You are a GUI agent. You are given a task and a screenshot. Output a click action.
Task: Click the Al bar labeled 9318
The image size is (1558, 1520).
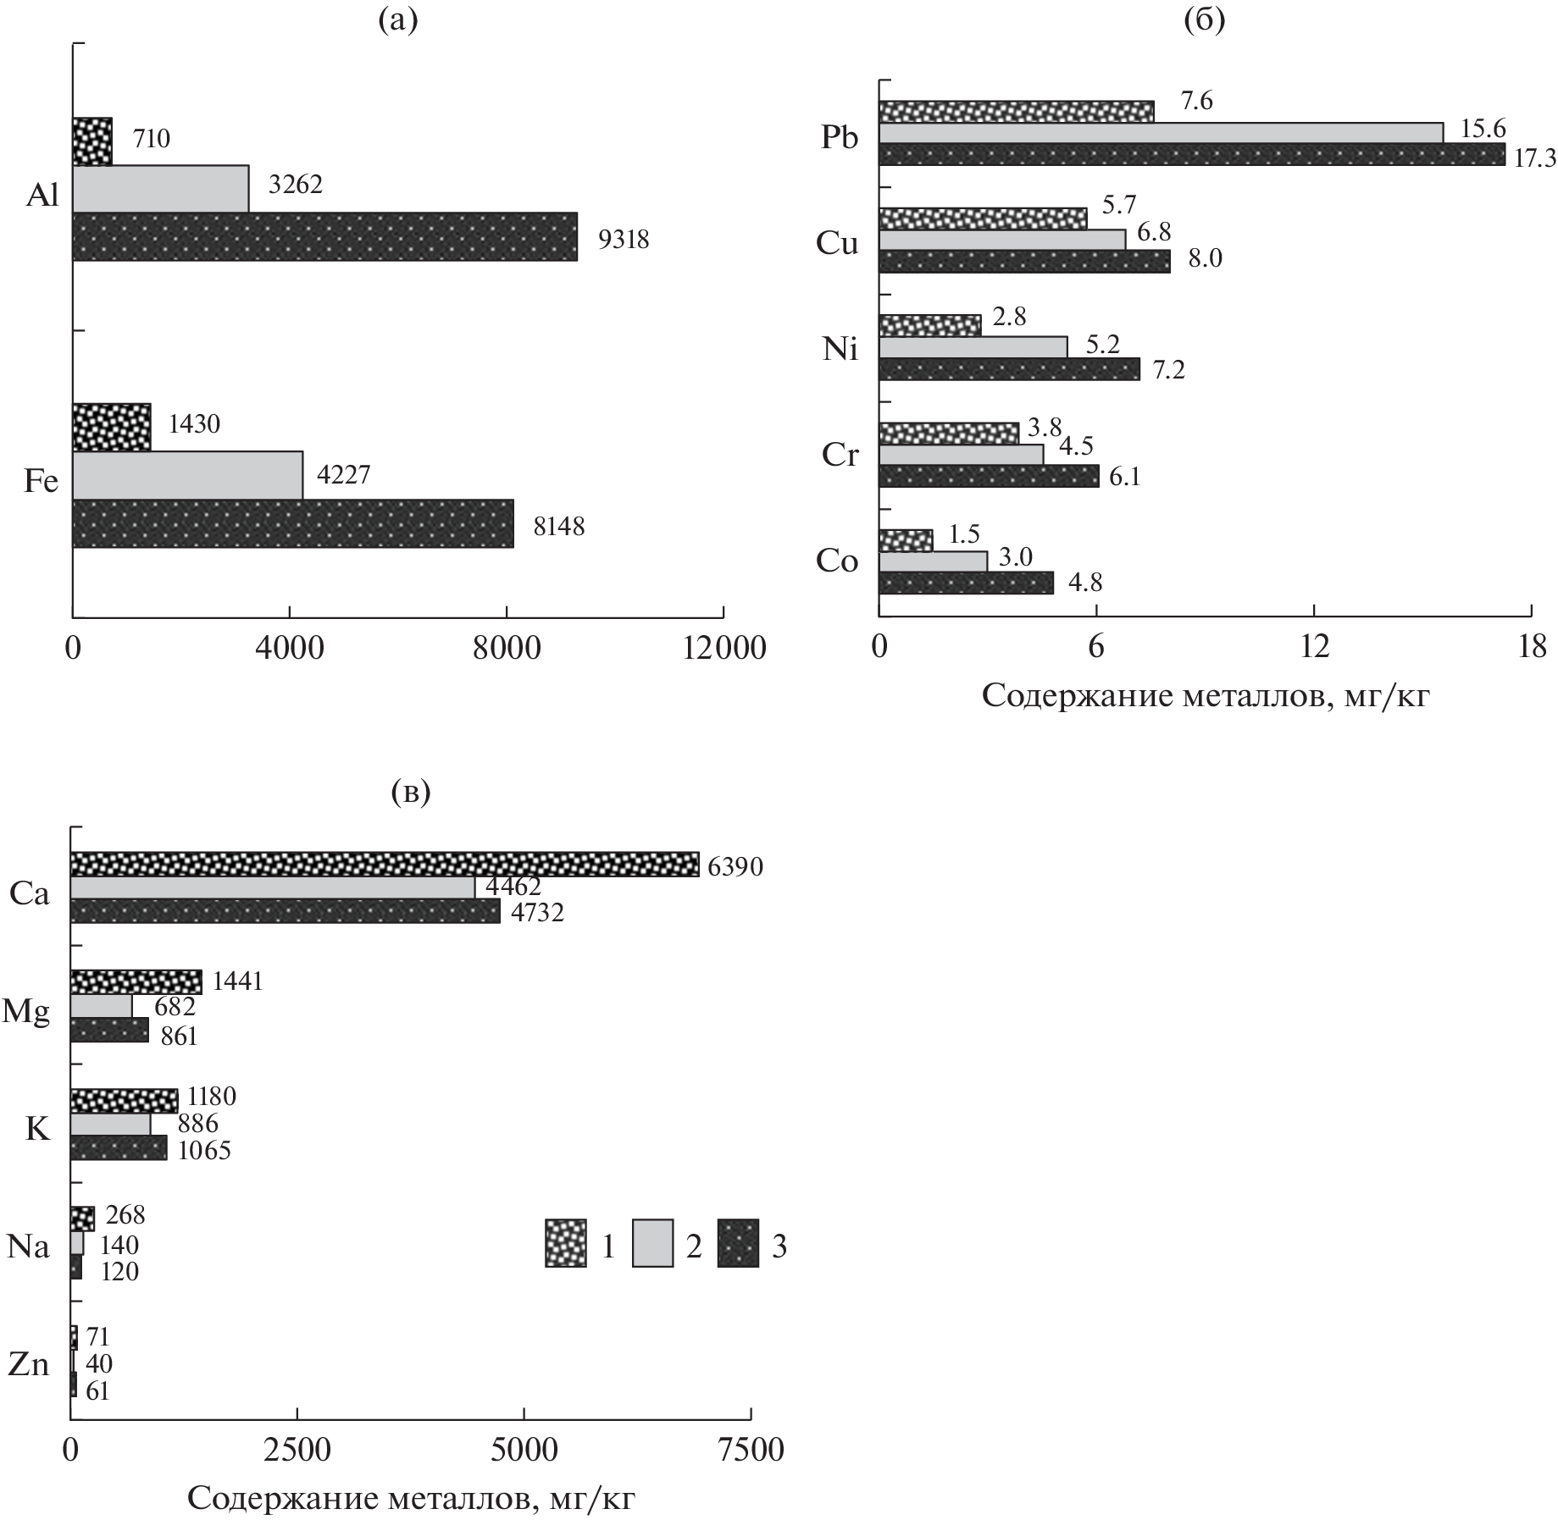coord(324,236)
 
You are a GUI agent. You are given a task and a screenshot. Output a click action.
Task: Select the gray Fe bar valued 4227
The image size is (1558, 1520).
coord(187,475)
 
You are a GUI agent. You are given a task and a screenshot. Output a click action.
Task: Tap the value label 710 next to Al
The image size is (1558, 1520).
coord(152,138)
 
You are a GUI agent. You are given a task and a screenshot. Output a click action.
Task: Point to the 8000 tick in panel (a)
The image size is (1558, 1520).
coord(507,648)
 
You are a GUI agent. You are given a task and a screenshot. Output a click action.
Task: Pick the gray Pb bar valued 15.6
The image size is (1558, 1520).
coord(1161,133)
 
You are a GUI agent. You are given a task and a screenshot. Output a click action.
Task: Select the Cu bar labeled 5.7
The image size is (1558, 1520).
coord(983,218)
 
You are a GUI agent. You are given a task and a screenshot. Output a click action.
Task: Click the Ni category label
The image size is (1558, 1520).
coord(840,349)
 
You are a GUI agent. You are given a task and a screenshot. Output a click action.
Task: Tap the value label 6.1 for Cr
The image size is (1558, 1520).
coord(1124,478)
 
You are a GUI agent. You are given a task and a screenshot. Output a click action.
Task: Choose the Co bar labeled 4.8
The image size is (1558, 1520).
coord(966,583)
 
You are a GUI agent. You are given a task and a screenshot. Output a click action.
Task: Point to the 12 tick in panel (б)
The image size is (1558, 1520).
coord(1314,648)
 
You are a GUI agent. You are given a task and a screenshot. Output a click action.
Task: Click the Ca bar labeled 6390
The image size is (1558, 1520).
coord(384,864)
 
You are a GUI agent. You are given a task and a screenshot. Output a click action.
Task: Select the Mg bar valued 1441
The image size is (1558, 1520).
coord(136,982)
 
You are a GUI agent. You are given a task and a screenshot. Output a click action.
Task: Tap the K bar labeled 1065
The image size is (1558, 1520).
coord(119,1148)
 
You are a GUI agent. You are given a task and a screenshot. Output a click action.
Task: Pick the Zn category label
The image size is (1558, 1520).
coord(28,1364)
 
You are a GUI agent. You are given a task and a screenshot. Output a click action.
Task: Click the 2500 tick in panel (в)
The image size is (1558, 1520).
coord(297,1449)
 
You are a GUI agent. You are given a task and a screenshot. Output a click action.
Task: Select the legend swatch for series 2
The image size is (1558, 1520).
coord(652,1243)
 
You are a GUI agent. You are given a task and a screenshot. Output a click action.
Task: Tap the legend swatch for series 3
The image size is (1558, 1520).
coord(739,1243)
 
